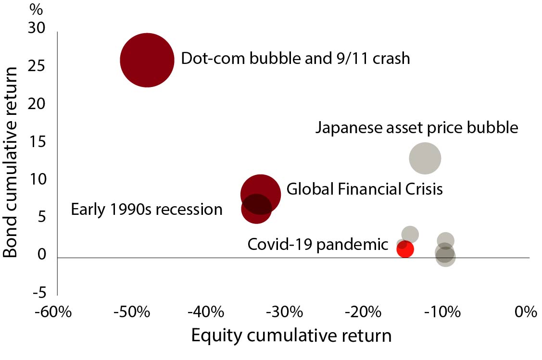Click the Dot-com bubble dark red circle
[x=147, y=60]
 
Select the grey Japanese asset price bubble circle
[x=425, y=158]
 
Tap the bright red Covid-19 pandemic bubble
[x=405, y=249]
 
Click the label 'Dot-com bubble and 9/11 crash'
[x=296, y=58]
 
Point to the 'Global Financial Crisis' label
[x=365, y=189]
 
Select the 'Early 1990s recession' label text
[x=147, y=210]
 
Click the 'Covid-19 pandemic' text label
[x=318, y=245]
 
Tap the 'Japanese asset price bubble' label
[x=417, y=128]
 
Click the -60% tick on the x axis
[x=53, y=312]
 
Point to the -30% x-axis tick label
[x=285, y=312]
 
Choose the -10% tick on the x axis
[x=442, y=312]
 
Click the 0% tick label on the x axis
[x=526, y=312]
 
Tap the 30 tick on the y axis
[x=37, y=28]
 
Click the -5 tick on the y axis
[x=39, y=293]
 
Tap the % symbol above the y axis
[x=36, y=10]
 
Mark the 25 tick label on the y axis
[x=37, y=66]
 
